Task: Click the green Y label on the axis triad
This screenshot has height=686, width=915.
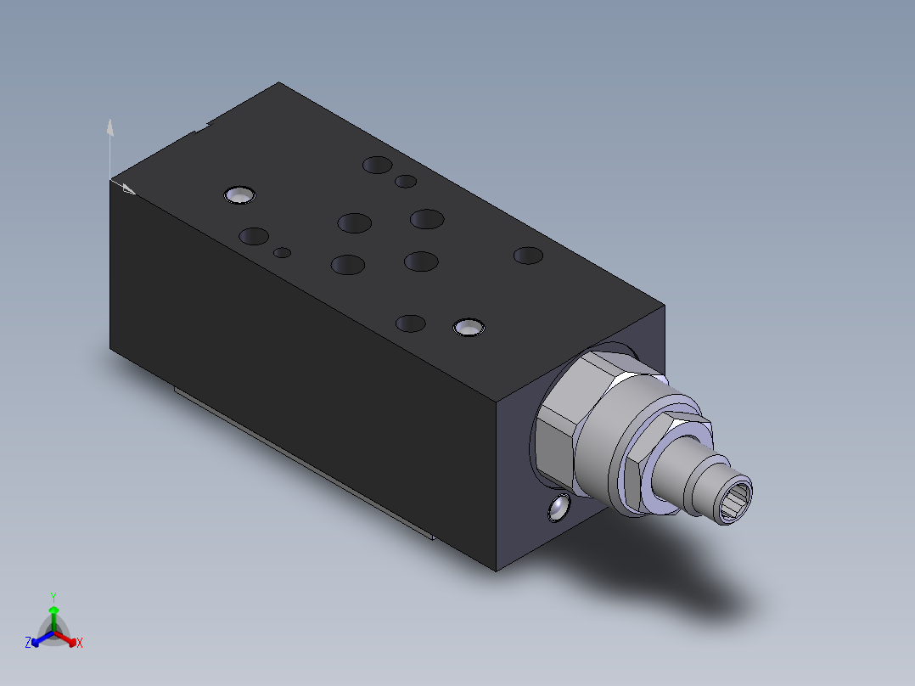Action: point(53,597)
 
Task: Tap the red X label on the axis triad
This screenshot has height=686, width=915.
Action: point(80,643)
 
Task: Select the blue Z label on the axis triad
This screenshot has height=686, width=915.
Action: point(28,643)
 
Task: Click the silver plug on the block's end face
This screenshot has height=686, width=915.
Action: point(559,508)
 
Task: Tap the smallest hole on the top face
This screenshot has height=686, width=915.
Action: point(283,252)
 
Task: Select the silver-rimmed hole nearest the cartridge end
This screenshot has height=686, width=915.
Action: point(468,327)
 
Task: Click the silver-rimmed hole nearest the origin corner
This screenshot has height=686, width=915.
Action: point(240,195)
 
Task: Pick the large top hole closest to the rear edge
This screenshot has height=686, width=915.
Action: point(377,165)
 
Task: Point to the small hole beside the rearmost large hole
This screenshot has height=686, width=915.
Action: point(406,181)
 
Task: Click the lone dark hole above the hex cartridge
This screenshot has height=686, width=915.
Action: point(528,255)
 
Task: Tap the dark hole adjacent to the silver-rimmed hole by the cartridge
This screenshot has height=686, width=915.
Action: point(411,323)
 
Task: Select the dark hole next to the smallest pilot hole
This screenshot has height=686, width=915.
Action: point(254,236)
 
